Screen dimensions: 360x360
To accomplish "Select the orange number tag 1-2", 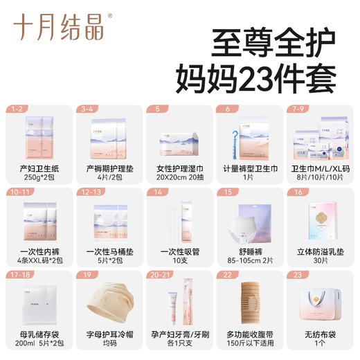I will coord(17,109).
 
